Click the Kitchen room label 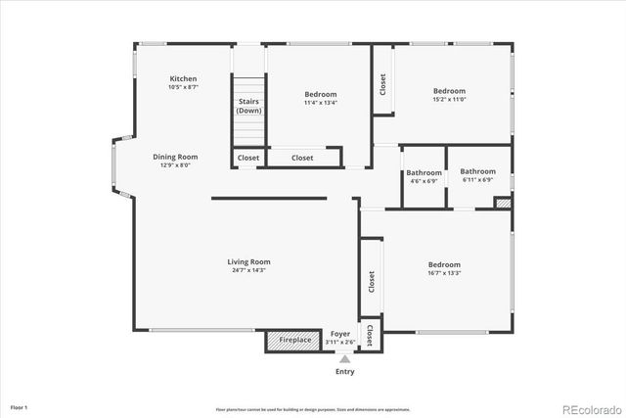coord(183,79)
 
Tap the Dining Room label coord(175,157)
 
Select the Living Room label coord(248,261)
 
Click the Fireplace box coord(294,341)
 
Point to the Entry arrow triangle coord(344,359)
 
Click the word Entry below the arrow coord(344,372)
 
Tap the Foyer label coord(339,334)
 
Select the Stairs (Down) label coord(248,106)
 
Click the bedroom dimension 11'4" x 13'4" coord(321,103)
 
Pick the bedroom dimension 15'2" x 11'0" coord(450,99)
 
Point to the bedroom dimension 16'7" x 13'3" coord(444,273)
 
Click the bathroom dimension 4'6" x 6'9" coord(425,180)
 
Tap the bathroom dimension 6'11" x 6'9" coord(477,180)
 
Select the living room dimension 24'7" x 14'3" coord(248,270)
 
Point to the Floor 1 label coord(20,406)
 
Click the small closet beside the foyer coord(370,336)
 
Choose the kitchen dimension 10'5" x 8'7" coord(183,88)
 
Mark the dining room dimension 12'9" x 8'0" coord(175,165)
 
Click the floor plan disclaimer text coord(313,409)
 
